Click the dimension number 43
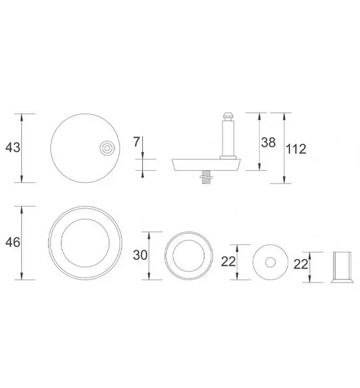(x=13, y=147)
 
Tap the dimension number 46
(x=13, y=242)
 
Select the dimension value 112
(x=296, y=149)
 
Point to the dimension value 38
(x=268, y=142)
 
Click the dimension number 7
(x=136, y=142)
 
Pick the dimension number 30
(x=140, y=255)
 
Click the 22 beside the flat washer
(x=228, y=262)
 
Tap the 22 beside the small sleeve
(x=301, y=264)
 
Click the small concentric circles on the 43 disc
(x=107, y=148)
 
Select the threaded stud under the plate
(x=205, y=177)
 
